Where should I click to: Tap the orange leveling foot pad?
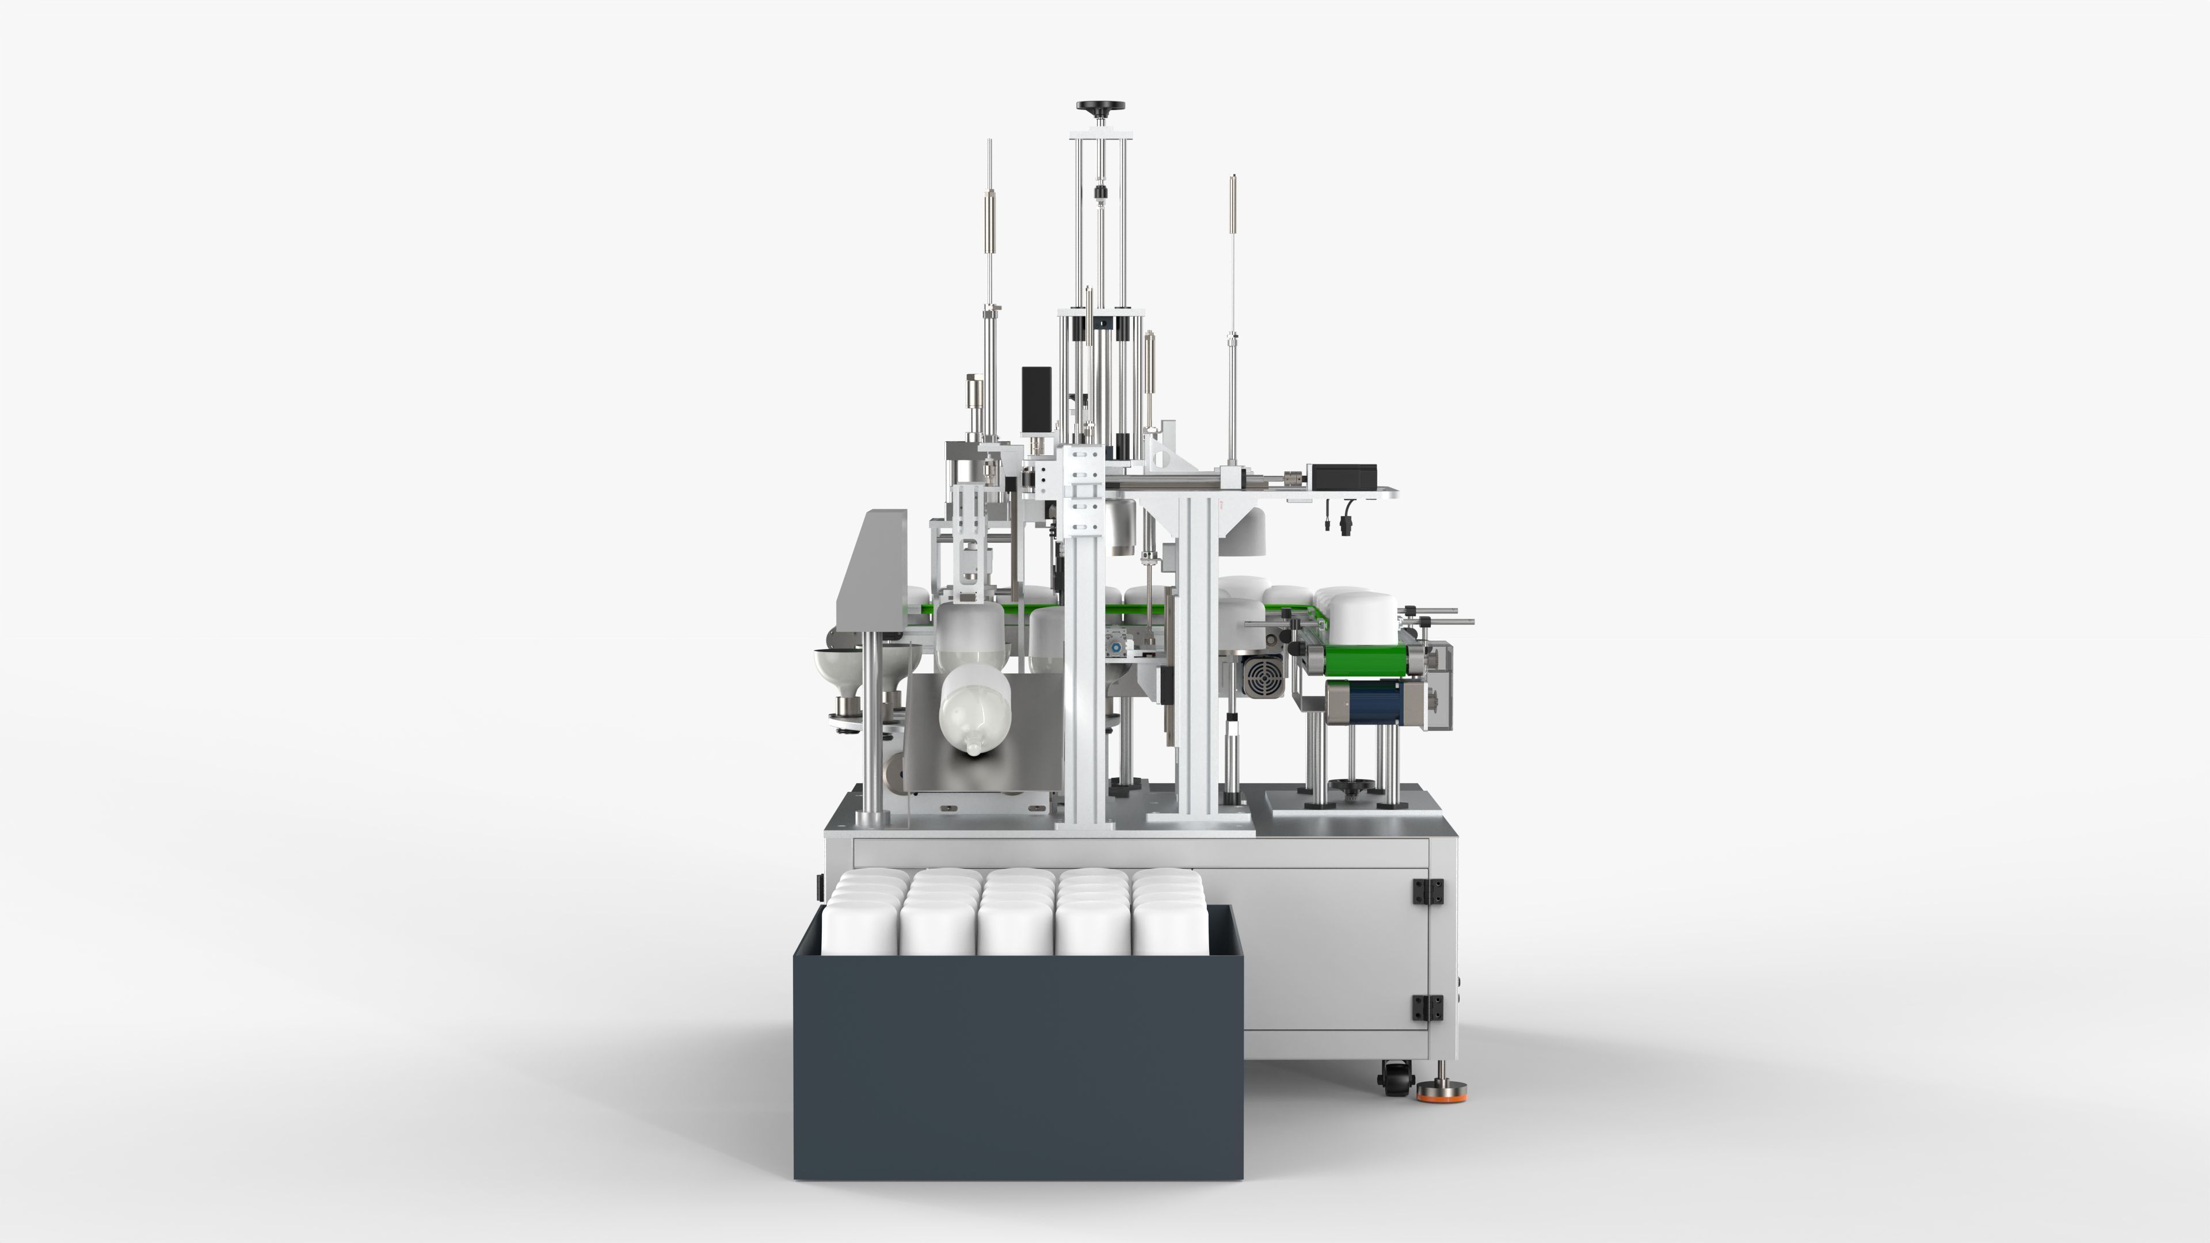1441,1095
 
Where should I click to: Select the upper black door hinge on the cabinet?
1427,891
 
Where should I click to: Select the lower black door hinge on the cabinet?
1427,1007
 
